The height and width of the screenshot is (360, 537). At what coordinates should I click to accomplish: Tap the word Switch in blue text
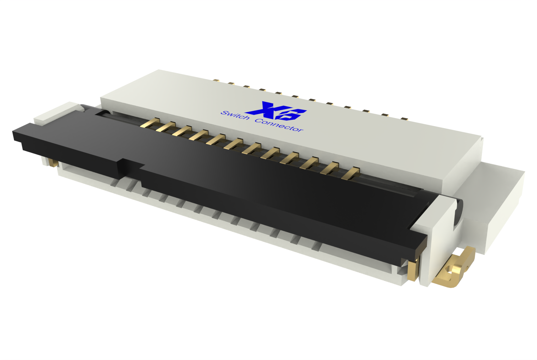click(x=235, y=115)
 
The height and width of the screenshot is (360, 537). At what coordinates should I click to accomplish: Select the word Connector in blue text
click(x=279, y=125)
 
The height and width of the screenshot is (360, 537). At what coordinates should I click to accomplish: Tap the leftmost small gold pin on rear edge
click(x=216, y=81)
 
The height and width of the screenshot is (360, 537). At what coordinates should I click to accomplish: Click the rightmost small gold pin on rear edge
click(x=404, y=118)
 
